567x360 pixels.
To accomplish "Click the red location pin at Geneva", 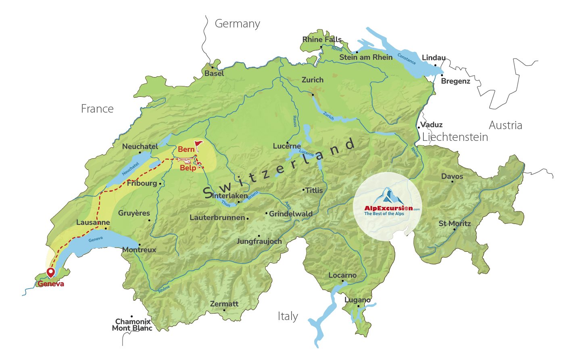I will tap(50, 272).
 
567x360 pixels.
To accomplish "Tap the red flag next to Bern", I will tap(198, 145).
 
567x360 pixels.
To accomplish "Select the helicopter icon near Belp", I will tap(185, 160).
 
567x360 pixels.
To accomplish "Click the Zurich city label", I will tap(313, 80).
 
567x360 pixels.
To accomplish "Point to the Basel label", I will tap(214, 73).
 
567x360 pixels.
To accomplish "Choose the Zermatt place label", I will tap(224, 304).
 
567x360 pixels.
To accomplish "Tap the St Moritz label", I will tap(454, 224).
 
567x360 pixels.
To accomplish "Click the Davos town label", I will tap(452, 176).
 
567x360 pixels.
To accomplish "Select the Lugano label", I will tap(358, 300).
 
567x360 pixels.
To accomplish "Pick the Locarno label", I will tap(342, 275).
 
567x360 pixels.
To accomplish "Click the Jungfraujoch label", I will tap(259, 241).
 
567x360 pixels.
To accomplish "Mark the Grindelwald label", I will tap(290, 213).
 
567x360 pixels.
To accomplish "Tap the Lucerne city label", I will tap(287, 146).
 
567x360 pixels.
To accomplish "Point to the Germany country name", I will tap(237, 24).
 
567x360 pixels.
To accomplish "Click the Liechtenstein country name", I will tap(455, 137).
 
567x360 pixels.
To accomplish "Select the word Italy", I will tap(288, 316).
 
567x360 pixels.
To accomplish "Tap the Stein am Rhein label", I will tap(366, 57).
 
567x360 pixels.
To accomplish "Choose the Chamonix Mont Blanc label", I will tap(132, 325).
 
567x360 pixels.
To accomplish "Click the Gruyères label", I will tap(134, 213).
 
